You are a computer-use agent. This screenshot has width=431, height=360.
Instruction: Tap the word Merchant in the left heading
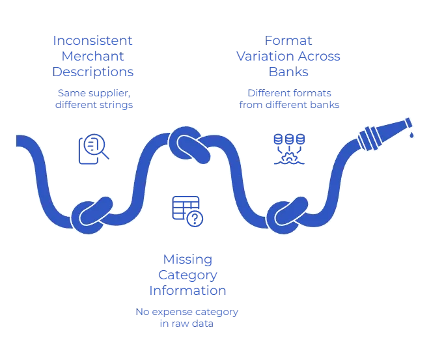[93, 57]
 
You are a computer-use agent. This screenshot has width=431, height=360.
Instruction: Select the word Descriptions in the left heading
[93, 72]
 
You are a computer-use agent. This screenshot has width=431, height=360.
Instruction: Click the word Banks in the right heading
[288, 72]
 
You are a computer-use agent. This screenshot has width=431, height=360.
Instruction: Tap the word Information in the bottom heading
[188, 290]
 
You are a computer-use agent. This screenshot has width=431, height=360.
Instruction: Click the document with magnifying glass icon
[93, 148]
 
